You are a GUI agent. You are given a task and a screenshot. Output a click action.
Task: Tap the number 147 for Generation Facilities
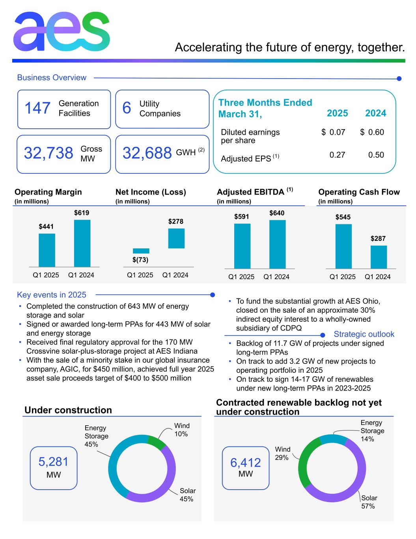[37, 108]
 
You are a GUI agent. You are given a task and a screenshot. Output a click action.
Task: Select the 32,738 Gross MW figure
[49, 153]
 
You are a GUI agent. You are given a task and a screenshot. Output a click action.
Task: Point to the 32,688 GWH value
[147, 153]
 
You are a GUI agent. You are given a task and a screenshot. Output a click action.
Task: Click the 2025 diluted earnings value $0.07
[334, 132]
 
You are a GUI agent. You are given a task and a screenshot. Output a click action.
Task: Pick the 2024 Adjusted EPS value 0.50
[376, 155]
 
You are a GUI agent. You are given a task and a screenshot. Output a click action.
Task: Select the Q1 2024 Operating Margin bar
[82, 243]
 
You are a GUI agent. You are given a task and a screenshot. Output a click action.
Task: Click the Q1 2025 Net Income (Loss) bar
[141, 251]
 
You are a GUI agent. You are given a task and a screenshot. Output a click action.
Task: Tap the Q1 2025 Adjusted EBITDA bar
[242, 246]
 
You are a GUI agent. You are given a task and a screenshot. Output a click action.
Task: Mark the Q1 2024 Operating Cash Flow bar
[379, 257]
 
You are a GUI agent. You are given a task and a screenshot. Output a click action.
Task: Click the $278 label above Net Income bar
[176, 222]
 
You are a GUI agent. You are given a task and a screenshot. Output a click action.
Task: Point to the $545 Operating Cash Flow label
[343, 217]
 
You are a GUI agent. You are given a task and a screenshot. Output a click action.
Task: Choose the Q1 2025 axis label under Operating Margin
[46, 275]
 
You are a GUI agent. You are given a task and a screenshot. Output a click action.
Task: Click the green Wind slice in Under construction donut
[156, 441]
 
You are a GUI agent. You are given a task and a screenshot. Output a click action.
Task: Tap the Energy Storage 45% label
[96, 436]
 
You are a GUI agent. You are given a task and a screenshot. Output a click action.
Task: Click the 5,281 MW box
[54, 468]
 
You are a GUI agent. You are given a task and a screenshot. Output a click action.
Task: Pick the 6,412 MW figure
[245, 462]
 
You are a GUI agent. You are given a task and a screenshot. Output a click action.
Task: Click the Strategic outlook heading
[364, 334]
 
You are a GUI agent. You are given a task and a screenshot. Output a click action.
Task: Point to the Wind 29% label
[282, 453]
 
